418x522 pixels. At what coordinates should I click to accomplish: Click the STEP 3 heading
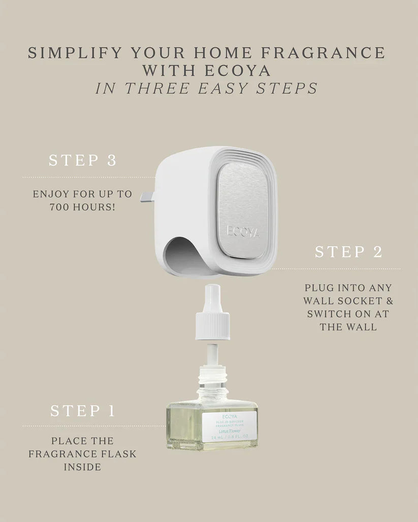[x=83, y=161]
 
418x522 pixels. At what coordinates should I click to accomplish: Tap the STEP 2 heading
[x=348, y=252]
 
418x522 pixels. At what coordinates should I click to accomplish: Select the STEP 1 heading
[x=83, y=410]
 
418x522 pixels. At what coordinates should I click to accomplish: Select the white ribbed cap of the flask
[x=212, y=319]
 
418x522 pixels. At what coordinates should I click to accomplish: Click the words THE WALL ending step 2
[x=348, y=327]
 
